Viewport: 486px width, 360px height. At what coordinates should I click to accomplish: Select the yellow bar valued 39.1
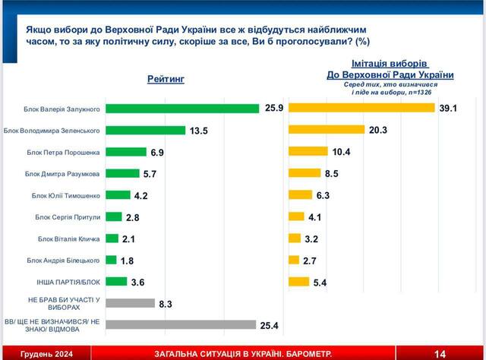pos(361,108)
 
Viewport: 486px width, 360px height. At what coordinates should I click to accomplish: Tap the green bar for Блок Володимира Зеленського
pos(145,130)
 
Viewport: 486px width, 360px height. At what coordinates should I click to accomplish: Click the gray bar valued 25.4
pos(180,325)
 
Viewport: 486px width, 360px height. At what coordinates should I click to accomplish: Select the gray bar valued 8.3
pos(130,303)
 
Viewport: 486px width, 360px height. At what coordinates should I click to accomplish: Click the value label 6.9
pos(158,152)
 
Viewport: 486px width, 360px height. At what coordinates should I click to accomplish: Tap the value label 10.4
pos(342,152)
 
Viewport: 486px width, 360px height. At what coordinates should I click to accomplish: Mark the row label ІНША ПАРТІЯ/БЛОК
pos(73,282)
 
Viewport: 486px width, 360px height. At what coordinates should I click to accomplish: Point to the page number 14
pos(440,352)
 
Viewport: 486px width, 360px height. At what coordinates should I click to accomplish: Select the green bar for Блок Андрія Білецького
pos(111,260)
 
